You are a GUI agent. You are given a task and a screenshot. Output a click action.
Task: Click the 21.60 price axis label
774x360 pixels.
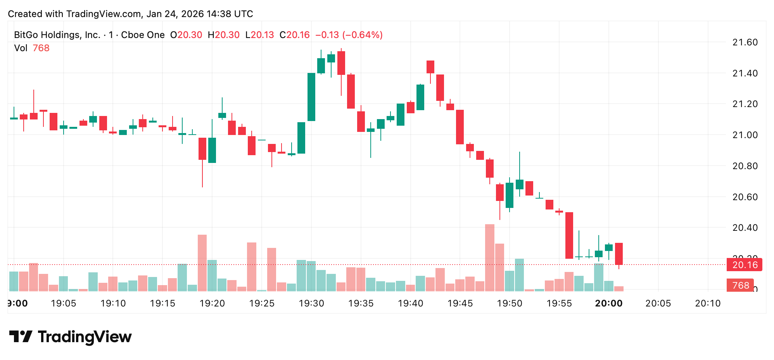pos(745,42)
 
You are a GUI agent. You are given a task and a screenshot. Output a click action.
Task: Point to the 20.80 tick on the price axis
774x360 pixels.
pos(745,166)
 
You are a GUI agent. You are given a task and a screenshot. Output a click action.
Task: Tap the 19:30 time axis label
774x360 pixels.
pos(311,303)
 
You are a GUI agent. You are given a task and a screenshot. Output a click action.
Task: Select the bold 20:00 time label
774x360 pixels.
pos(608,303)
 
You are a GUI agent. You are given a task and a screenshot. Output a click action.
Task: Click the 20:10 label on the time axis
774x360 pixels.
pos(708,303)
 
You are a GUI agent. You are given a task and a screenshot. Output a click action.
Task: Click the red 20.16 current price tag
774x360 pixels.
pos(745,265)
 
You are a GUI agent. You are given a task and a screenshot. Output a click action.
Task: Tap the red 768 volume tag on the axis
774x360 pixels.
pos(740,286)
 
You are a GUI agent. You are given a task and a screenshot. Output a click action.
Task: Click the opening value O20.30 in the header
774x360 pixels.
pos(186,35)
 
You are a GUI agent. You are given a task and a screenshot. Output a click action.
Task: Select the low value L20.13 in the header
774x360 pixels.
pos(260,35)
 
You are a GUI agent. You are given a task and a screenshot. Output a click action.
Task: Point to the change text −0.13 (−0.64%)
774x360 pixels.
pos(349,35)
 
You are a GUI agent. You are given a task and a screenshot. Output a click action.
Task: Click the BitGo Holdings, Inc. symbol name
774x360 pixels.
pos(57,35)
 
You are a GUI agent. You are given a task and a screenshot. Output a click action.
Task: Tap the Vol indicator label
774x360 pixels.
pos(21,48)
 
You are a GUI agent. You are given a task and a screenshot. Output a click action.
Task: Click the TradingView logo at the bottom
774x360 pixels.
pos(70,337)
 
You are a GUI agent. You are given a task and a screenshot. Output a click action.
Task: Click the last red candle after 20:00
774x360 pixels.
pos(619,254)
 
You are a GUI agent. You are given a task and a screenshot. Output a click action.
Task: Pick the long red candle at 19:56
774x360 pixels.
pos(569,235)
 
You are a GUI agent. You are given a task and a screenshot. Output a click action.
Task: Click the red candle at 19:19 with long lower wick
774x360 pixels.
pos(202,149)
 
